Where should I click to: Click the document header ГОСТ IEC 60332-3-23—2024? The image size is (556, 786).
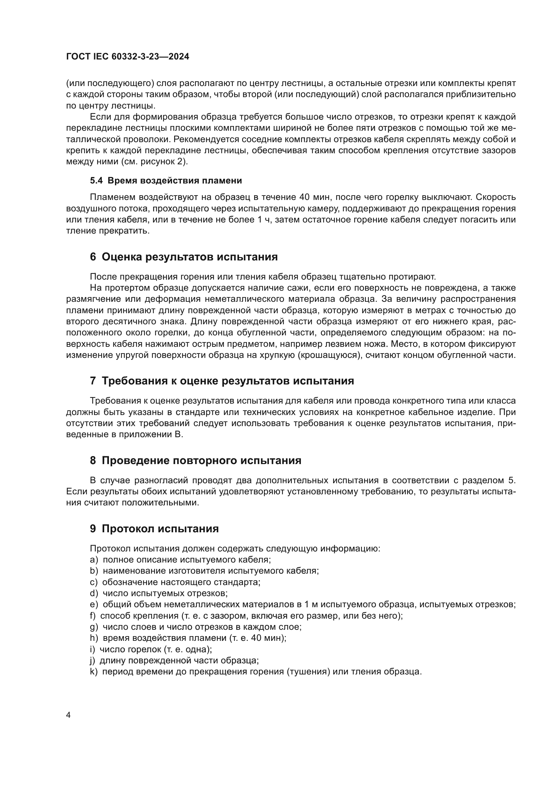[x=127, y=57]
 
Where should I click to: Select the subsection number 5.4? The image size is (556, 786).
[x=96, y=181]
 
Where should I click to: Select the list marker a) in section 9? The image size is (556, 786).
[x=94, y=560]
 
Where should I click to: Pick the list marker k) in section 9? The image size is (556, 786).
[x=94, y=672]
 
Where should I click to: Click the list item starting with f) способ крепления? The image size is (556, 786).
[x=246, y=616]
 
